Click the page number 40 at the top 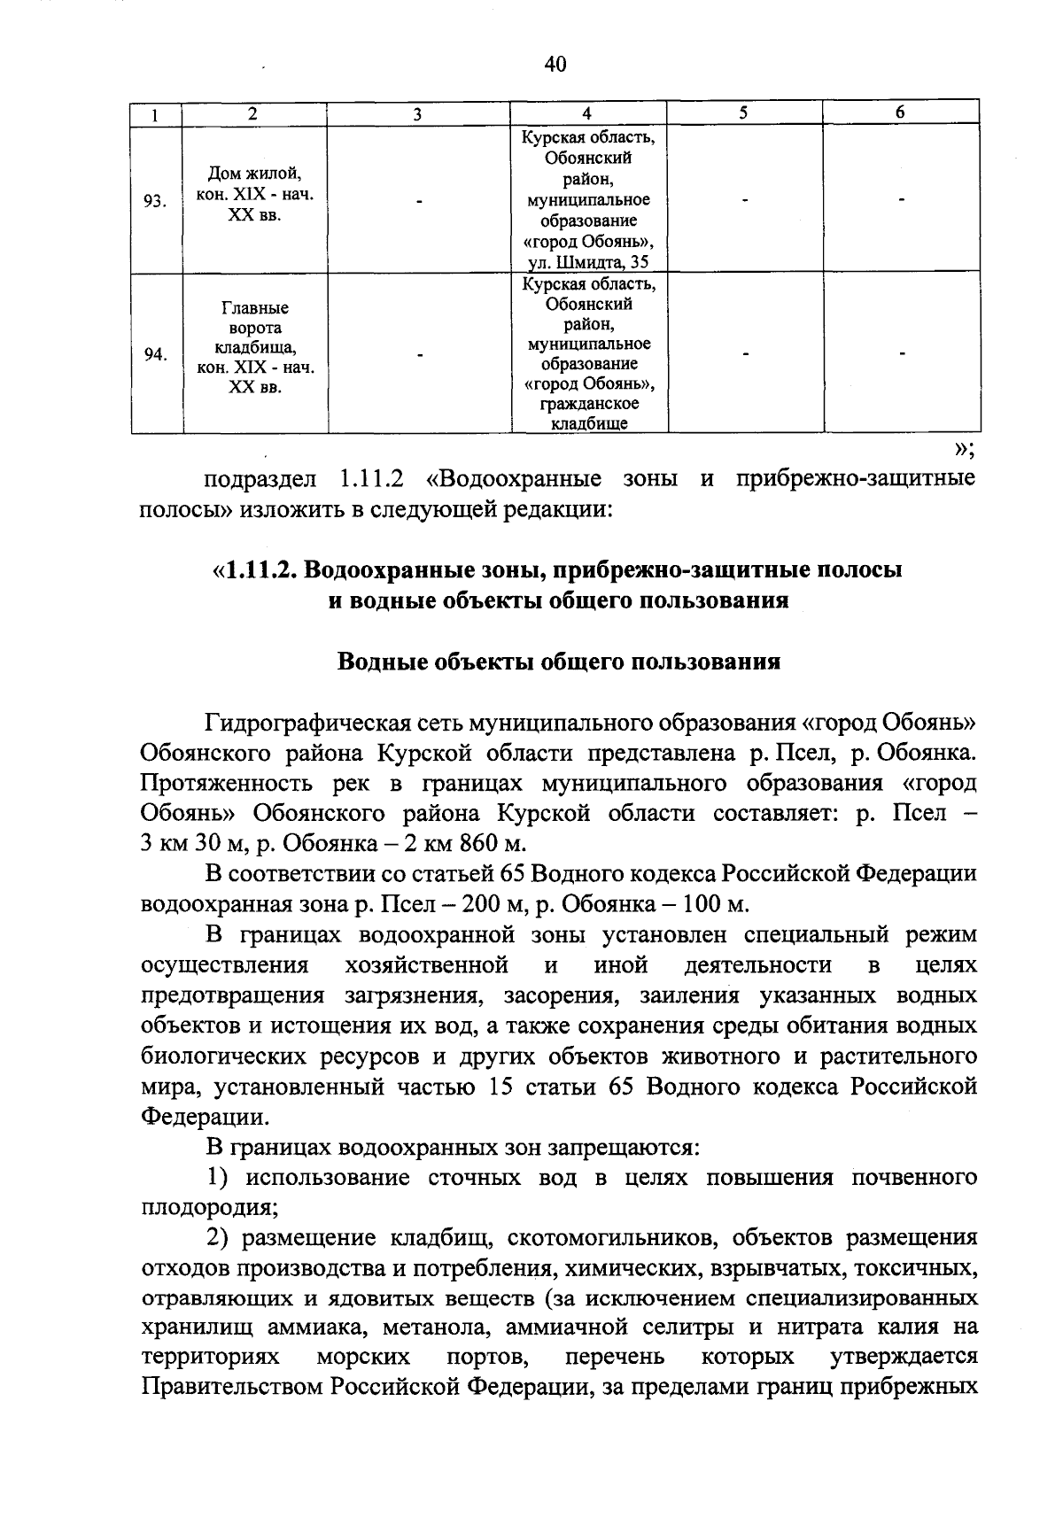point(555,64)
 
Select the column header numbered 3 point(416,113)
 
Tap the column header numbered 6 point(900,112)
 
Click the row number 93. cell point(156,201)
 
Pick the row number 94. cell point(156,355)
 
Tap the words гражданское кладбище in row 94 point(588,414)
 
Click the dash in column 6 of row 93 point(900,202)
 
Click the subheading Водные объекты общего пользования point(559,662)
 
